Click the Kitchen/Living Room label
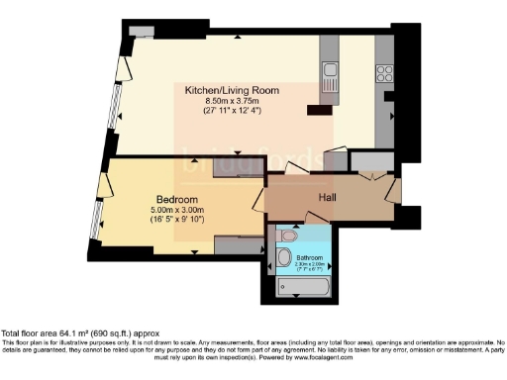233,90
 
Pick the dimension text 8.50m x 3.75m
233,101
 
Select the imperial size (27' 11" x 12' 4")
233,111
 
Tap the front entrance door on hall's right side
394,190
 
